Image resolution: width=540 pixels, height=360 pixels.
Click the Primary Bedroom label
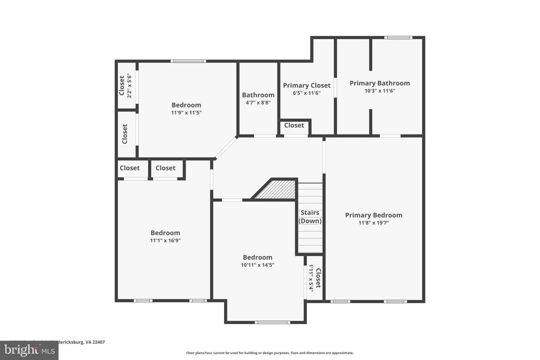click(373, 215)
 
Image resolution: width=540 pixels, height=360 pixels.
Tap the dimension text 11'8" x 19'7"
click(373, 223)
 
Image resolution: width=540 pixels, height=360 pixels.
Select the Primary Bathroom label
click(379, 83)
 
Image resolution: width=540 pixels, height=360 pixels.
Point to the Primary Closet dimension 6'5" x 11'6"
click(306, 93)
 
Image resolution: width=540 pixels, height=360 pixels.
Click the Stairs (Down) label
click(310, 217)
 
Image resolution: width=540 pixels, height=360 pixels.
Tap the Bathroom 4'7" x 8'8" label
click(258, 99)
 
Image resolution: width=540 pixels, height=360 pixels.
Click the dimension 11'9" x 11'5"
click(186, 113)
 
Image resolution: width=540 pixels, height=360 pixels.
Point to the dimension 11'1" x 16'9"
click(165, 240)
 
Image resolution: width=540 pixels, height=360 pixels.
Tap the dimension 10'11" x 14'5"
click(257, 265)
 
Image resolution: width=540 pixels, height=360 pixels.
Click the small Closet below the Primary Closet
click(294, 125)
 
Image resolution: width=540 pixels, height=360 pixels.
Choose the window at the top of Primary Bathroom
click(398, 37)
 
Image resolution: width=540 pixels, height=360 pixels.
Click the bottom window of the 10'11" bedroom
click(272, 322)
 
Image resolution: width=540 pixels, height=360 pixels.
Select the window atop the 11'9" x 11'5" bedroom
click(188, 61)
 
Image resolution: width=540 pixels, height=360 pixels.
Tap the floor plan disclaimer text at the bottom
click(269, 353)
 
